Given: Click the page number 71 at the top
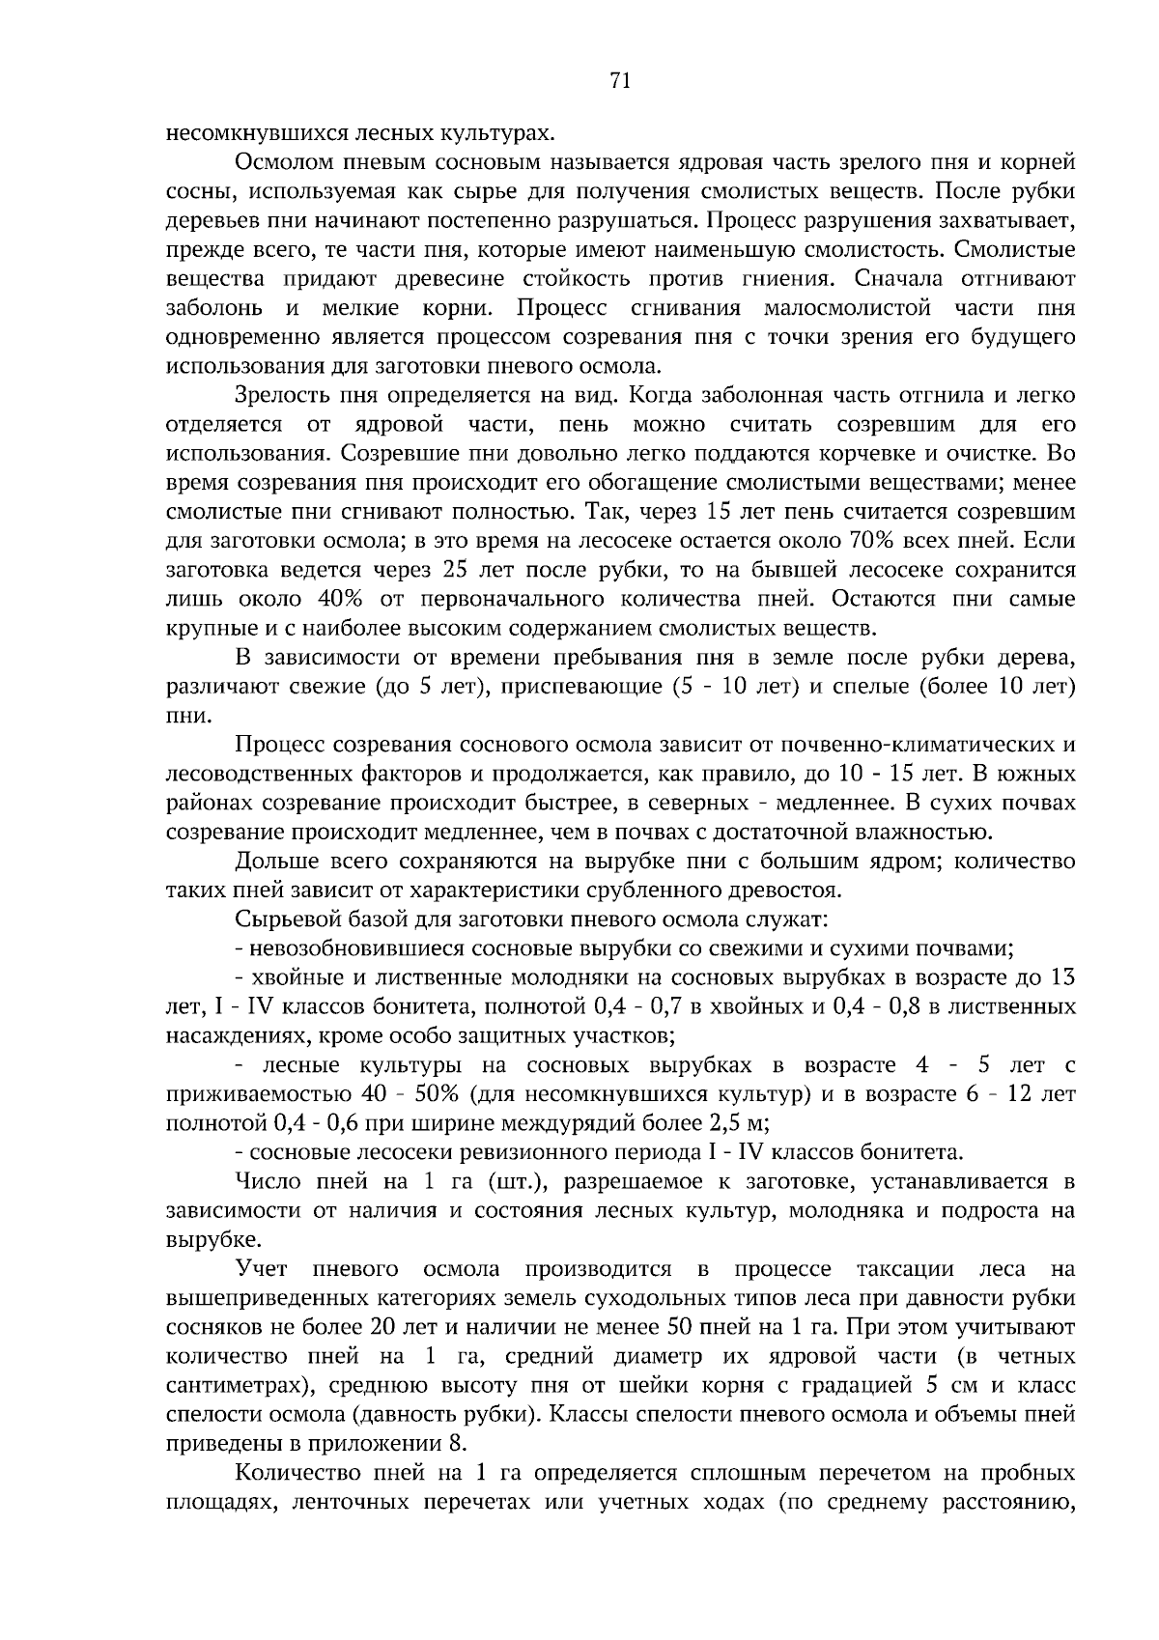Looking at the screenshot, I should [620, 82].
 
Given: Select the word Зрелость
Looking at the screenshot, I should [279, 395].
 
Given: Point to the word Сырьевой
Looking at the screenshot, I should [281, 919].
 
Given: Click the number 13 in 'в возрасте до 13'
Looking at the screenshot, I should [1062, 977].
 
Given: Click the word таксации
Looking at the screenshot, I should [905, 1268].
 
